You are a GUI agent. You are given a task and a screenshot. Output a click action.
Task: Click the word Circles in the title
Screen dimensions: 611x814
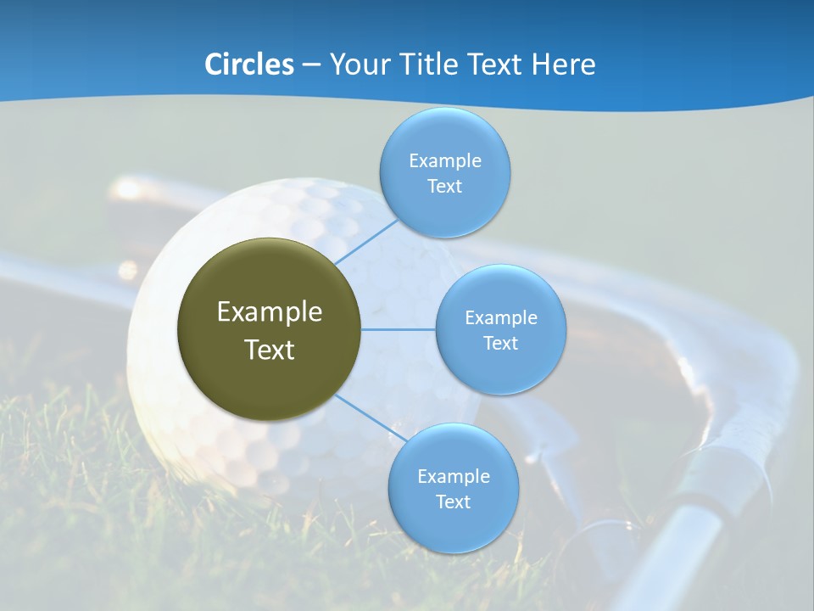249,64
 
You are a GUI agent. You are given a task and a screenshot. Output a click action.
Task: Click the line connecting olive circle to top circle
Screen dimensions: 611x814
365,244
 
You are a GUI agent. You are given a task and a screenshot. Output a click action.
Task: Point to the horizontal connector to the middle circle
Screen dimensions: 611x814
398,329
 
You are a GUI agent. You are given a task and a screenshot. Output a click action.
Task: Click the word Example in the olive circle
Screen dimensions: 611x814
269,312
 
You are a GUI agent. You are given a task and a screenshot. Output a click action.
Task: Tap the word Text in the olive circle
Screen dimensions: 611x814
269,350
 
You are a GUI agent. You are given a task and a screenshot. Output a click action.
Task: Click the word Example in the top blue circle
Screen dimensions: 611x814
444,161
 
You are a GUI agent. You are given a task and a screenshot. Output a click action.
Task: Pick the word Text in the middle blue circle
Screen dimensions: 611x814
500,344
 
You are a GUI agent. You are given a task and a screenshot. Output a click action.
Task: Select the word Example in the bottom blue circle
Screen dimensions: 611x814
453,476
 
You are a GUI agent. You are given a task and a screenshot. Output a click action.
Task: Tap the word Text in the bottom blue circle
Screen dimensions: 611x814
453,502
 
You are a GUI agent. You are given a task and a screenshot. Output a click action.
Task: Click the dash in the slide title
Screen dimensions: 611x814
311,64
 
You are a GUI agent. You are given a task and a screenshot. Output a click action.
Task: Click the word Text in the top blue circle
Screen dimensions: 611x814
444,187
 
